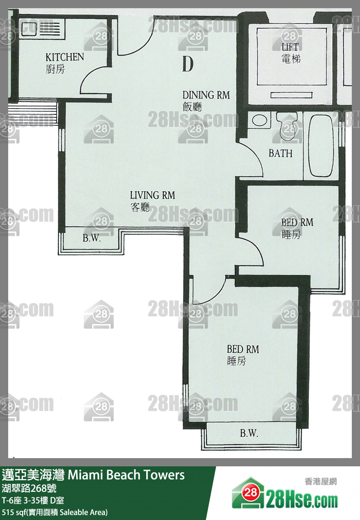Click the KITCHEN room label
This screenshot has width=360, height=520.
(64, 57)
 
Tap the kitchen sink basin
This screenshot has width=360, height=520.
(29, 29)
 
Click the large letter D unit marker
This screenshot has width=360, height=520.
(188, 64)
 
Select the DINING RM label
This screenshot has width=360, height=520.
(206, 95)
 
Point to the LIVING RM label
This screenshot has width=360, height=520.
(152, 195)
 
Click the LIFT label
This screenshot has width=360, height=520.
(290, 47)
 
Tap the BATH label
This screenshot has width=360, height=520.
(281, 153)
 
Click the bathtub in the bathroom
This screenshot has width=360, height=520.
(321, 146)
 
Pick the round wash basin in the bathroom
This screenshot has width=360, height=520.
(259, 120)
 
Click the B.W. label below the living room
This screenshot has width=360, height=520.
(92, 238)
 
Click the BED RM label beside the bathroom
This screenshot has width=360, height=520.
(297, 223)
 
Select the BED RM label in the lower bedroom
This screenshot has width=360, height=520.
(243, 349)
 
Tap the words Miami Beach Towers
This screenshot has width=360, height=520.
(126, 475)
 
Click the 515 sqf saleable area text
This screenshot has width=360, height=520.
(55, 512)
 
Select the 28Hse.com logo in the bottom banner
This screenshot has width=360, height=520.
(285, 496)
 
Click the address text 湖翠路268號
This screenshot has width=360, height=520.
(29, 488)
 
